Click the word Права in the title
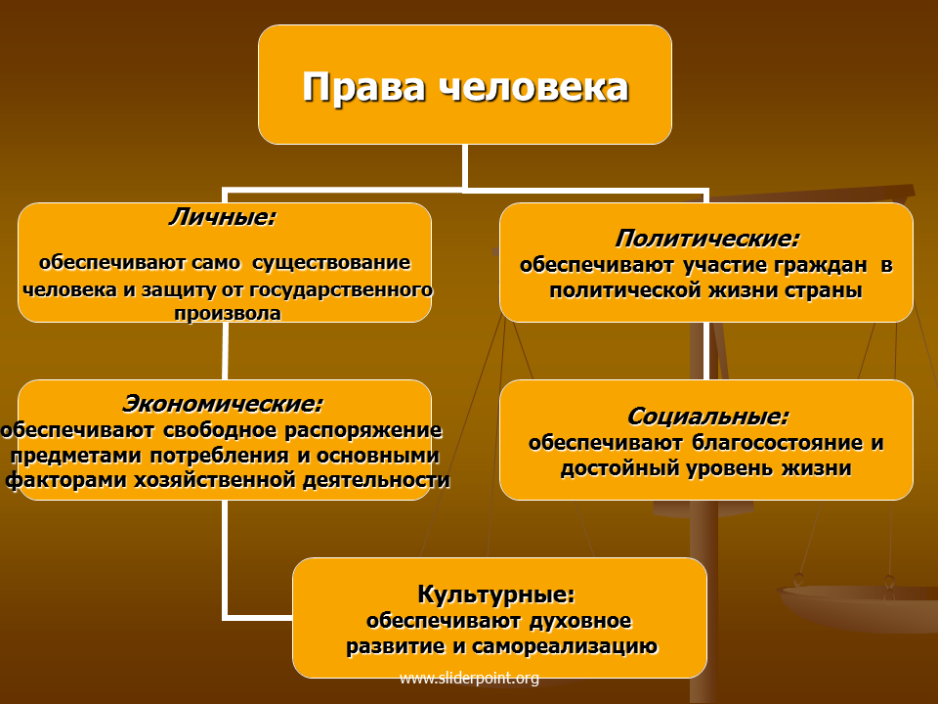(363, 87)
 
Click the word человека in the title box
(533, 87)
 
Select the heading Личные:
(223, 217)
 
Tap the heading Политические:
(707, 239)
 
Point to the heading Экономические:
(223, 404)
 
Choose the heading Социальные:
(708, 417)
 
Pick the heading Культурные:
(496, 594)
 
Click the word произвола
(228, 313)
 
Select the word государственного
(341, 290)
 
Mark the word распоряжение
(363, 430)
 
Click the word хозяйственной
(215, 480)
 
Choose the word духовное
(579, 621)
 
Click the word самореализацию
(565, 646)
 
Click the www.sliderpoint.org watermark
(469, 679)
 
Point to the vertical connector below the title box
(465, 166)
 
